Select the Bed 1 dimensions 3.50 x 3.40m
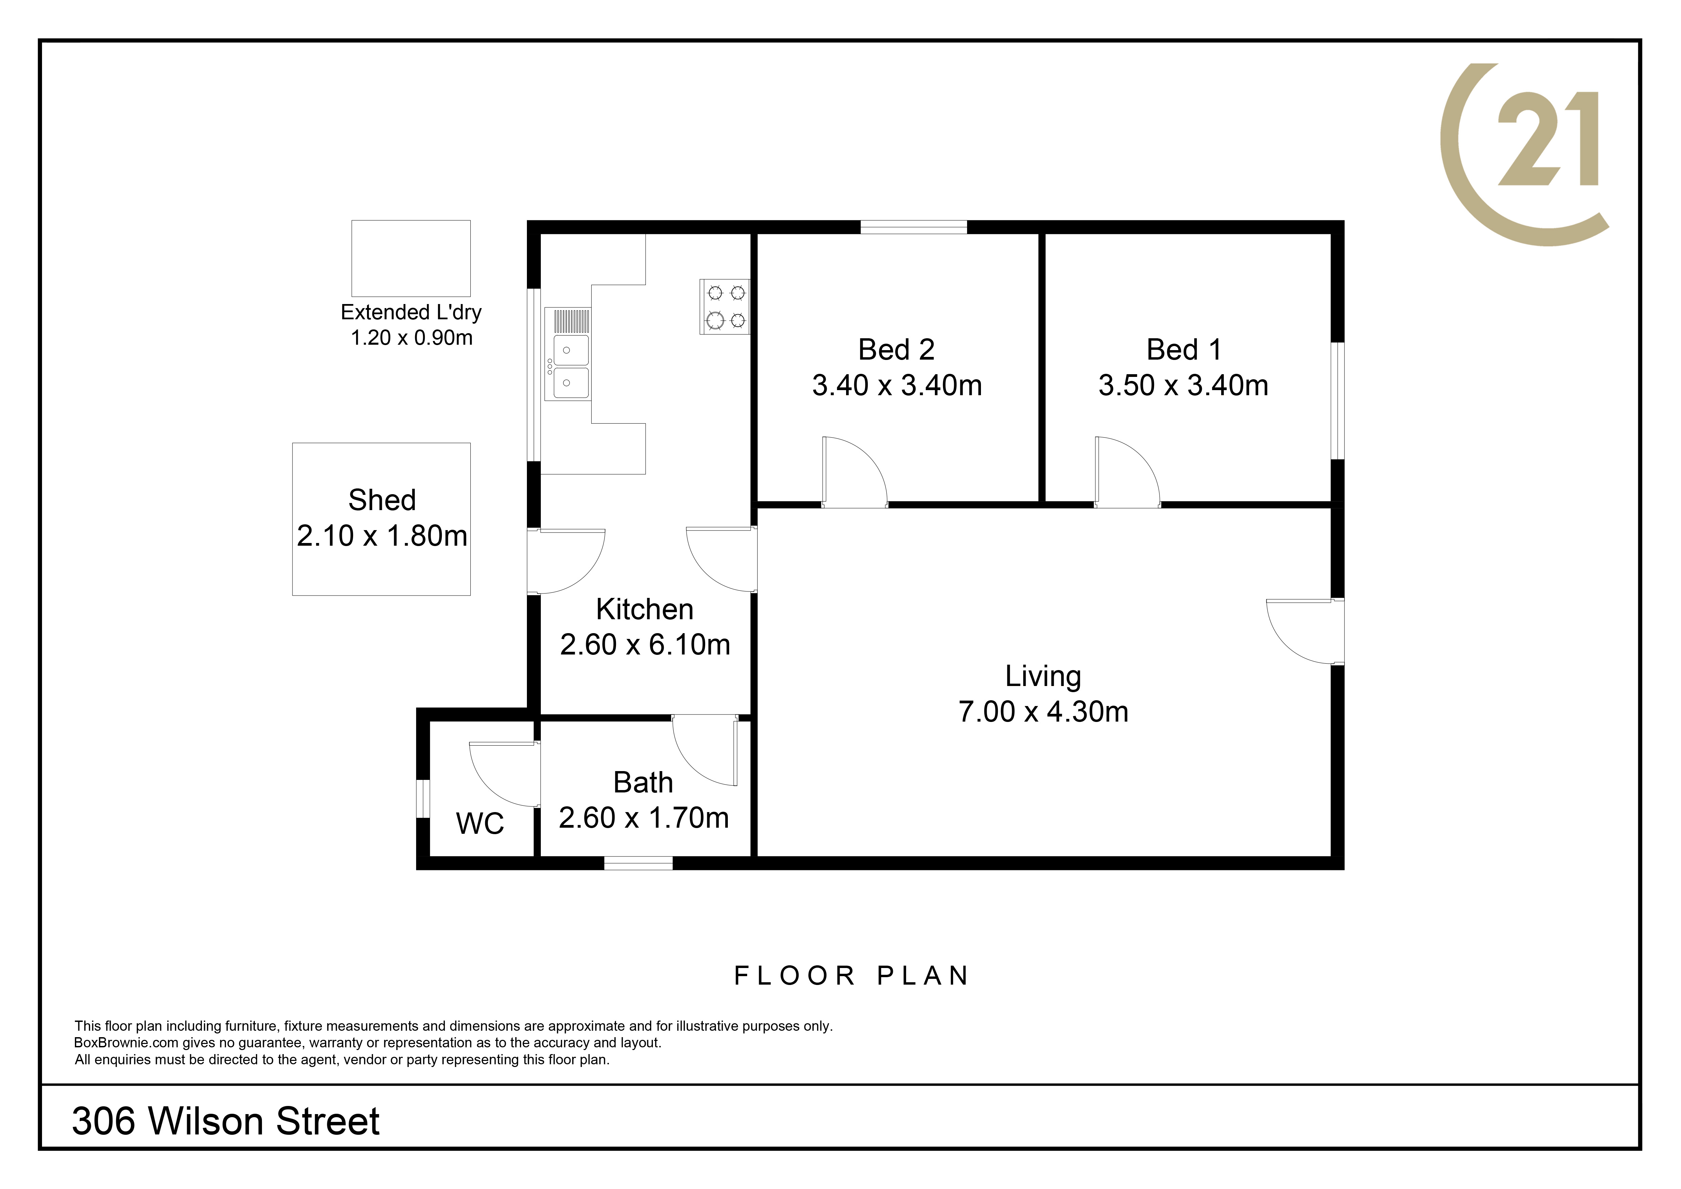click(x=1183, y=385)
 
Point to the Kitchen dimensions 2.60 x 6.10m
click(x=645, y=644)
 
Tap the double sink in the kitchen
click(x=568, y=354)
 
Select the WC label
click(x=480, y=824)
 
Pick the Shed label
click(x=382, y=500)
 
